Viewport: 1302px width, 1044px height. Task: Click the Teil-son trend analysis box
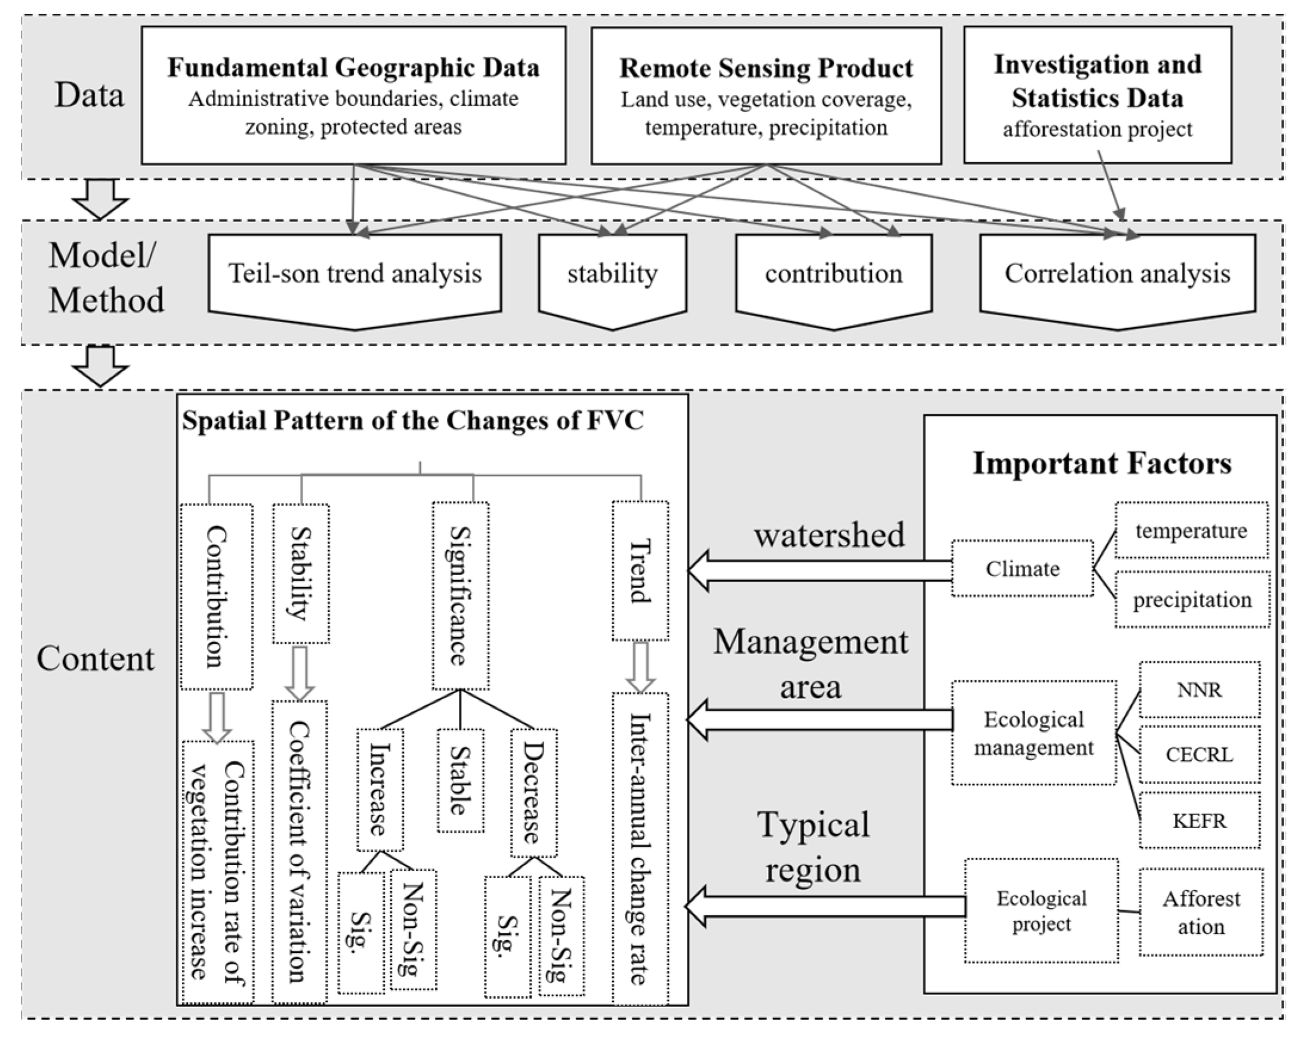[x=355, y=275]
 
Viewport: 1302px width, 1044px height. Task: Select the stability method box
[x=612, y=275]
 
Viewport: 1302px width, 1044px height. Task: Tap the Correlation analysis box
[x=1117, y=275]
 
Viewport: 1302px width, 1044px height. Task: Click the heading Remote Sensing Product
[x=766, y=68]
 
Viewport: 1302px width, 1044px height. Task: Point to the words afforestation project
[x=1097, y=129]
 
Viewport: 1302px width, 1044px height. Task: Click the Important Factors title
[x=1102, y=464]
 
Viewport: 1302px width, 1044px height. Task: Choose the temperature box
[x=1191, y=531]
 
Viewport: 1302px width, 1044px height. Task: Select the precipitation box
[x=1192, y=600]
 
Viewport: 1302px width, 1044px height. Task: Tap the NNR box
[x=1199, y=690]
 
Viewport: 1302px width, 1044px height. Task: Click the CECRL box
[x=1199, y=755]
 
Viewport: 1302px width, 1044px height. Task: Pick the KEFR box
[x=1199, y=821]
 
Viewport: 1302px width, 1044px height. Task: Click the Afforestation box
[x=1201, y=912]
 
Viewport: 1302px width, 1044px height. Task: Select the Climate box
[x=1022, y=569]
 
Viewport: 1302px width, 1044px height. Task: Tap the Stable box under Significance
[x=460, y=781]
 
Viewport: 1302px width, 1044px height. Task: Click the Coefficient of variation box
[x=300, y=851]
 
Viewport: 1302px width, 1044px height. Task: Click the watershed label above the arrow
[x=829, y=535]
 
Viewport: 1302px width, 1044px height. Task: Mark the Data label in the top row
[x=90, y=95]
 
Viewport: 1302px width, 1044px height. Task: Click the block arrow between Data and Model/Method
[x=100, y=200]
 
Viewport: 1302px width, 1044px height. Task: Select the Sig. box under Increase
[x=361, y=933]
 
